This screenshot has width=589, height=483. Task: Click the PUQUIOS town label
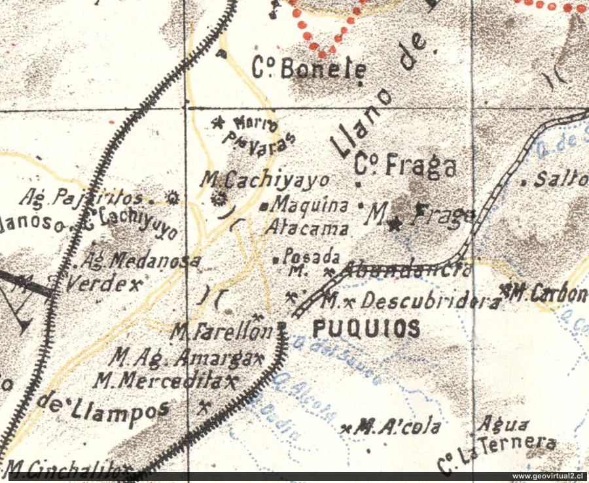[x=366, y=329]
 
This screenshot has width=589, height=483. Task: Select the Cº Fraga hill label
[x=406, y=166]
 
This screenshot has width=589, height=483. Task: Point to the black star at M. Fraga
[x=394, y=225]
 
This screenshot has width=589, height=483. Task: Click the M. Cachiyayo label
[x=264, y=179]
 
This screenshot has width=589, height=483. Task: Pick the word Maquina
[x=310, y=205]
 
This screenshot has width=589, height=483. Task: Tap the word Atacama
[x=307, y=228]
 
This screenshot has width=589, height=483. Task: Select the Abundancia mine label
[x=406, y=269]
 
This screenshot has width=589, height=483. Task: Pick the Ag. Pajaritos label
[x=81, y=195]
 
